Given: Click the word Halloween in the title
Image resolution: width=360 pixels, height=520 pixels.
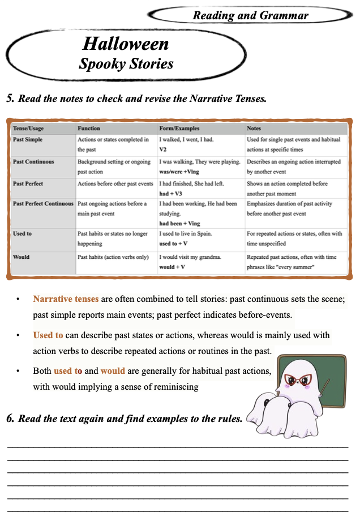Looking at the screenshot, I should (125, 44).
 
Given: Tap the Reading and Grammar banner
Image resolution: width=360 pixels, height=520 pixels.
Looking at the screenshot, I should (250, 15).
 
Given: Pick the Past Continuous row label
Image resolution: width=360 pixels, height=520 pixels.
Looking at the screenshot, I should (33, 162).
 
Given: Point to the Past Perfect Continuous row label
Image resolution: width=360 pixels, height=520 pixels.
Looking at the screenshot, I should (43, 203).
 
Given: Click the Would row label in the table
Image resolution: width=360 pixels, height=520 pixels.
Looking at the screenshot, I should (22, 257).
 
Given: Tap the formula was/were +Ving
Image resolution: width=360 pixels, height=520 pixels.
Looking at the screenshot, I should (182, 171).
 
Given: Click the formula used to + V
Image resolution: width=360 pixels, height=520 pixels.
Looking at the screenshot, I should (173, 243).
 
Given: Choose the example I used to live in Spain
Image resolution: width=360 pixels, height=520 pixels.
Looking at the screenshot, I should (185, 233).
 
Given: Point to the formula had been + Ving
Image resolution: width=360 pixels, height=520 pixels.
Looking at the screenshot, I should (179, 224).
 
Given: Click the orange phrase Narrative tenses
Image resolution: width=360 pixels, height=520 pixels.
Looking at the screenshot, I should (66, 299).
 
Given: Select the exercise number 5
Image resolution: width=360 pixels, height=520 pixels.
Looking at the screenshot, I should (10, 98).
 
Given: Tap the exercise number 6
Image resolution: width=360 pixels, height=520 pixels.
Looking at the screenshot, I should (10, 419).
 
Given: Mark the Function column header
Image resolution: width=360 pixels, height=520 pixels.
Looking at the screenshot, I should (89, 129).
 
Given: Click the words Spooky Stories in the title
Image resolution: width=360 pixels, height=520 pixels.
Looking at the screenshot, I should (126, 63).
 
